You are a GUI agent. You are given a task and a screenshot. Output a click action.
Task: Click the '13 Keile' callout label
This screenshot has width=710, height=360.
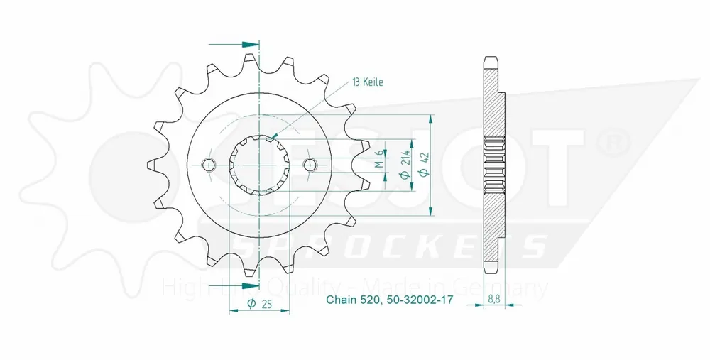367,82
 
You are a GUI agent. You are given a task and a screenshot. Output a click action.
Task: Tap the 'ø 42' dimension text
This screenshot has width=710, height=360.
424,165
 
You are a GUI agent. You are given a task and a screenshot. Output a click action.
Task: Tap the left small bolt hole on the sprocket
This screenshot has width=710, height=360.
208,165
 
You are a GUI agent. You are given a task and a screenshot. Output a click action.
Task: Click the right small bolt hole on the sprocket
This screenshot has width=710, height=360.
310,165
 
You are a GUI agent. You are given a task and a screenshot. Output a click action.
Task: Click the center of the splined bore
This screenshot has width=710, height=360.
259,165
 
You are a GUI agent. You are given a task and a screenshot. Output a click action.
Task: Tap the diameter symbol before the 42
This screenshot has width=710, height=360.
424,174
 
